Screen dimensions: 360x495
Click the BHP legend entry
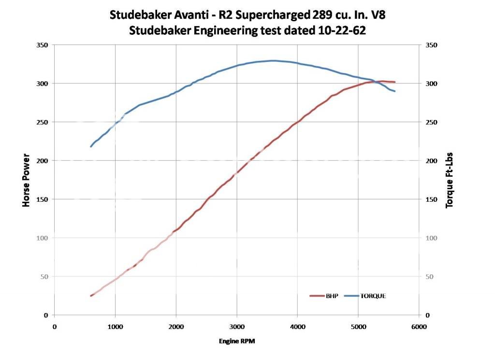point(323,296)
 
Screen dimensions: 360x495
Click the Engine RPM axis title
point(236,341)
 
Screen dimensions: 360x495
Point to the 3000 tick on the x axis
point(236,327)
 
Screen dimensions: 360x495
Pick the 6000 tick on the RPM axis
point(419,327)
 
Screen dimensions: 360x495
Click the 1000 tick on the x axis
point(115,327)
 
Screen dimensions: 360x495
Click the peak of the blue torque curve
point(273,60)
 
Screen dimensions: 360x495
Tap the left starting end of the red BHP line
point(91,296)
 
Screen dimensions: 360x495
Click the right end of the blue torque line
point(395,91)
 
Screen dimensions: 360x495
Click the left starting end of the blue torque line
point(91,146)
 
